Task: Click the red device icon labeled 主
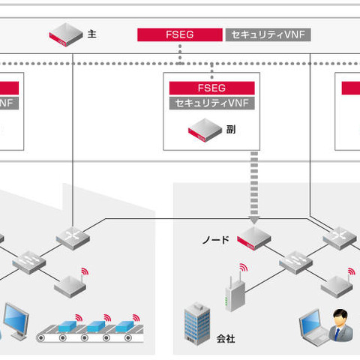point(65,34)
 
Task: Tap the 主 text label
point(91,34)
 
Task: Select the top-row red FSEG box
point(179,34)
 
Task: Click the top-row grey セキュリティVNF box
point(266,34)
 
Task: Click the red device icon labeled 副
point(205,129)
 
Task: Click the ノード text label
point(215,239)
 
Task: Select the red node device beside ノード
point(253,238)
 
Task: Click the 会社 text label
point(225,338)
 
